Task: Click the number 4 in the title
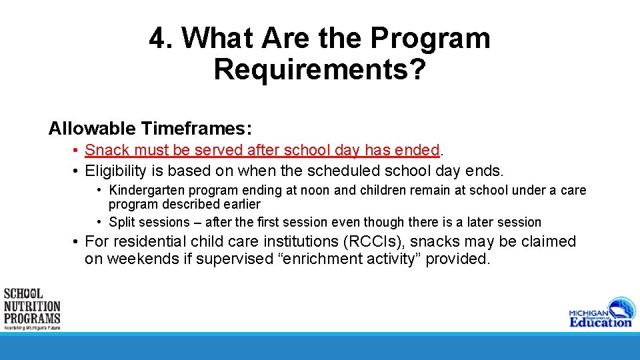[x=158, y=39]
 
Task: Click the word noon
[x=315, y=191]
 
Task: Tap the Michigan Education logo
[x=601, y=312]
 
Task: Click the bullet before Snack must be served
[x=77, y=151]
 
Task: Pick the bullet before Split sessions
[x=99, y=222]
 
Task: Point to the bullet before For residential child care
[x=77, y=241]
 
